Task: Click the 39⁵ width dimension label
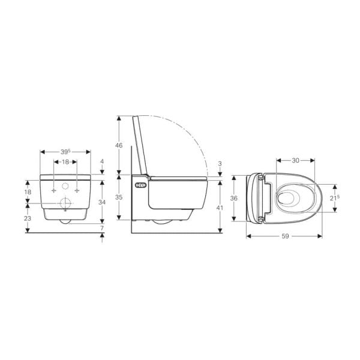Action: [x=65, y=152]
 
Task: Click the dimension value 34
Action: [x=102, y=203]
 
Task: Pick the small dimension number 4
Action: [x=103, y=162]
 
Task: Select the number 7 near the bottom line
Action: [x=102, y=228]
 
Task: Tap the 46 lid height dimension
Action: [x=119, y=146]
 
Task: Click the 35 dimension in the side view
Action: [x=119, y=197]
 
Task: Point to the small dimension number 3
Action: [x=221, y=163]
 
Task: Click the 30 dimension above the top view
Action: [x=295, y=160]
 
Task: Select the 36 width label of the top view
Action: [x=235, y=198]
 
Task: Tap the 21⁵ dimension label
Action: [x=335, y=197]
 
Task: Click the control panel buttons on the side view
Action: [x=140, y=185]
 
